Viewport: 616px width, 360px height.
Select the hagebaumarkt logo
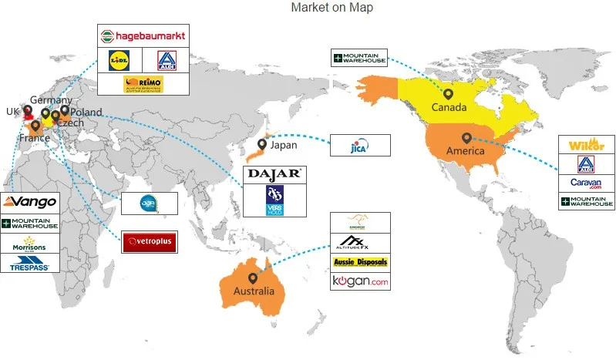[x=143, y=36]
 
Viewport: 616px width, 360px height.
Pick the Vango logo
[x=30, y=202]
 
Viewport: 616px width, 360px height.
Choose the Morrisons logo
[x=30, y=245]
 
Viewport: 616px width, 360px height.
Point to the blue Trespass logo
[x=30, y=266]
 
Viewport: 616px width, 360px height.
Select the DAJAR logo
[x=274, y=174]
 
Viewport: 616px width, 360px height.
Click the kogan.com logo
[x=359, y=281]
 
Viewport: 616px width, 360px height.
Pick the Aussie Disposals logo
[x=359, y=262]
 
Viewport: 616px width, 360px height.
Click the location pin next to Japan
[x=263, y=144]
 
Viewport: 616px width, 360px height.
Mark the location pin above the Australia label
[x=252, y=277]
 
